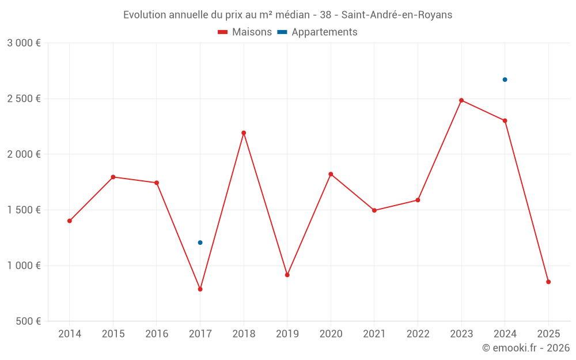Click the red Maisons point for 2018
coord(244,133)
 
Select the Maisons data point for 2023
coord(461,100)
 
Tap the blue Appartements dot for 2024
coord(505,79)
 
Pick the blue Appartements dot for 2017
coord(200,242)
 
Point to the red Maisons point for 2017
coord(200,289)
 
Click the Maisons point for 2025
coord(548,282)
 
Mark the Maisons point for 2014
coord(70,221)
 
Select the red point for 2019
coord(287,275)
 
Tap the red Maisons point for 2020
coord(331,174)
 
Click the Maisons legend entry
coord(245,32)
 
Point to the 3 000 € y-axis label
coord(24,43)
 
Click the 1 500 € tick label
coord(24,210)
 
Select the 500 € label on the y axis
coord(28,321)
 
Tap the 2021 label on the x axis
coord(374,334)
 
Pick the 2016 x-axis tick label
coord(157,334)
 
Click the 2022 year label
coord(418,334)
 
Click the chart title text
coord(287,14)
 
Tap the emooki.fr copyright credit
coord(525,348)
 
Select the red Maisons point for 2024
coord(505,120)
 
